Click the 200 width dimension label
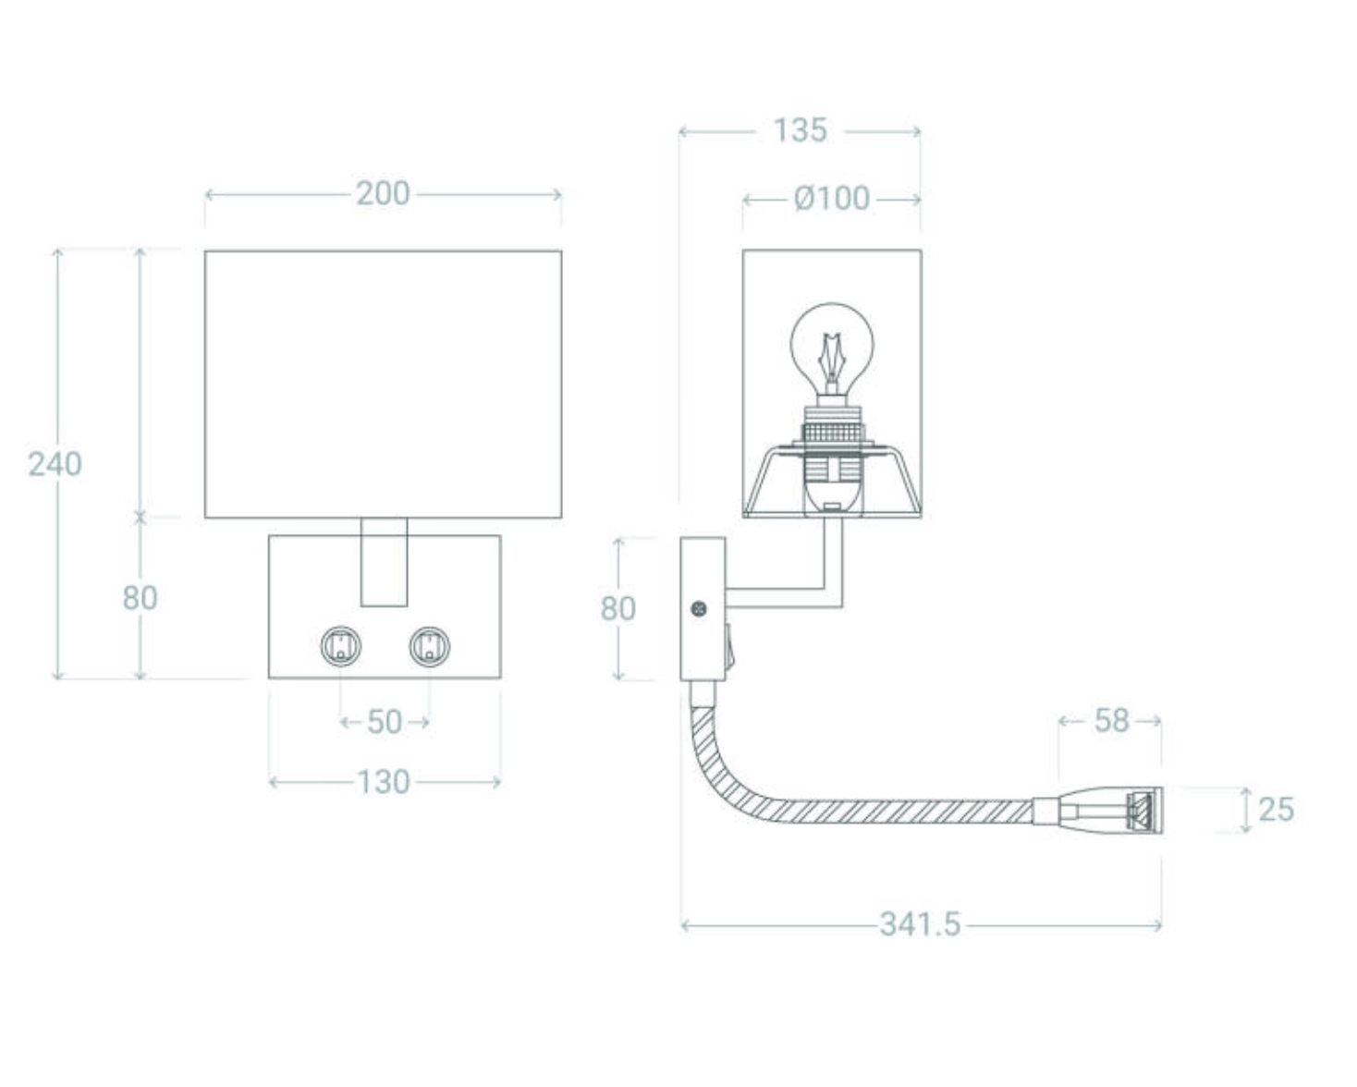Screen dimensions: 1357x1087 pos(383,193)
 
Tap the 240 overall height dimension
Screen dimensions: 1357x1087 pos(55,464)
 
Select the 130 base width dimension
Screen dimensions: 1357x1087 pos(384,783)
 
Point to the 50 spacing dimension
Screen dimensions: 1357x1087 pos(384,722)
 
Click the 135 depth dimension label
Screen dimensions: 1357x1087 pos(800,130)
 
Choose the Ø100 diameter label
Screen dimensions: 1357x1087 pos(832,199)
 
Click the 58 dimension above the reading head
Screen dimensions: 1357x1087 pos(1111,721)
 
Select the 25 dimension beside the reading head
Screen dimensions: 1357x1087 pos(1276,810)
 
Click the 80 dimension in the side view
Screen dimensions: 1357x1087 pos(618,609)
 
